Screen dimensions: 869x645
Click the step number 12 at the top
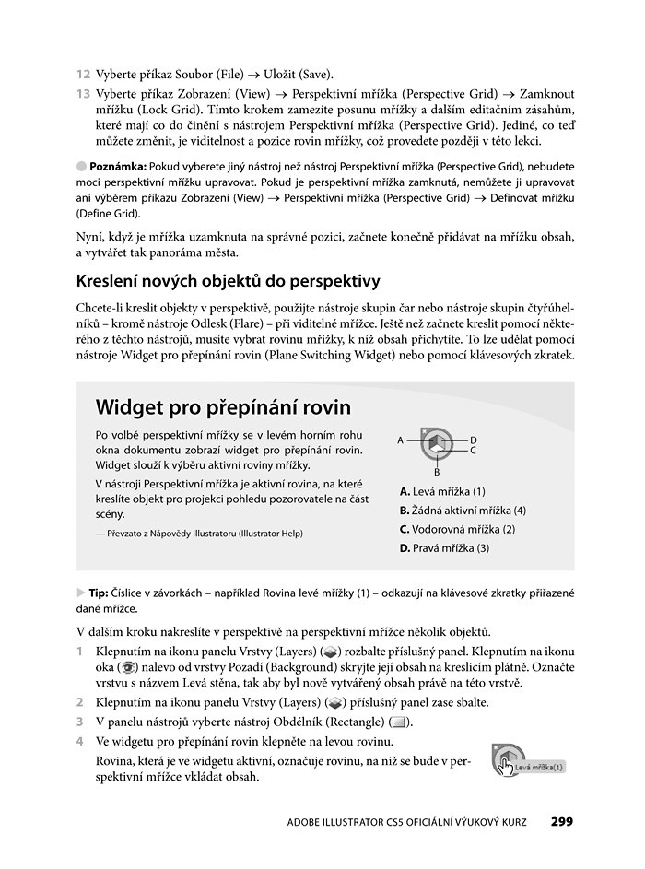click(83, 74)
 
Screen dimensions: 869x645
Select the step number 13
click(83, 94)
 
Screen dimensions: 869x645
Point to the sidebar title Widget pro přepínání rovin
click(223, 406)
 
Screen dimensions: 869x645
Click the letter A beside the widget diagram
click(401, 440)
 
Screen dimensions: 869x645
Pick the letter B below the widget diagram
click(437, 472)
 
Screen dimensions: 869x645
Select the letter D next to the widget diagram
click(474, 440)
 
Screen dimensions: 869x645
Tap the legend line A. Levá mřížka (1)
click(442, 491)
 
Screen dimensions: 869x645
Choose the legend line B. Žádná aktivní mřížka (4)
click(463, 510)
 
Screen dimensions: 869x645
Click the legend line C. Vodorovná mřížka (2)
click(457, 529)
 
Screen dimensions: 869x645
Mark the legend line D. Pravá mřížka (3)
click(444, 548)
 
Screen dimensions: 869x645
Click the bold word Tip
click(98, 593)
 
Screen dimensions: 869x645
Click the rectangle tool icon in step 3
click(398, 722)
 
